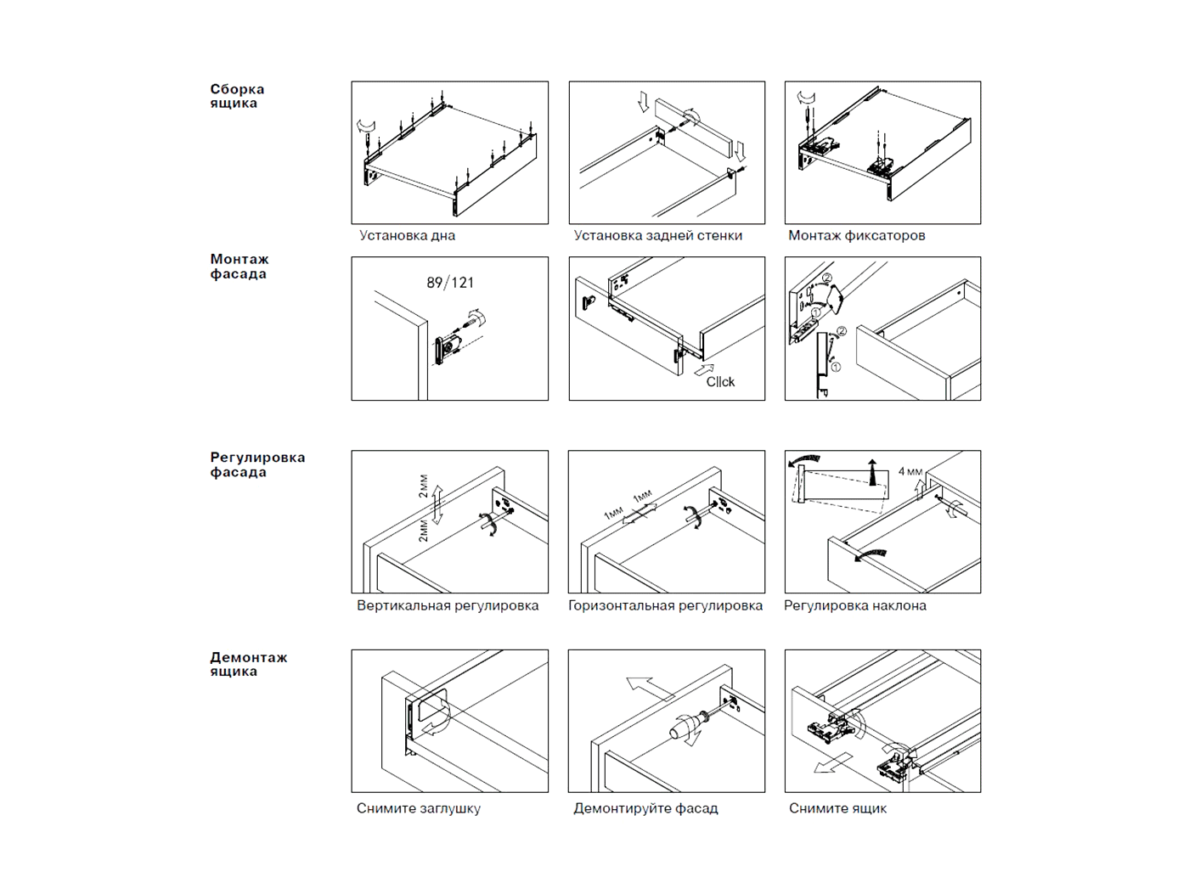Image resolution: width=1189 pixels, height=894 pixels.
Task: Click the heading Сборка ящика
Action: point(237,96)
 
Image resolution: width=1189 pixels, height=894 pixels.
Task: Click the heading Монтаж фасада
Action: point(239,267)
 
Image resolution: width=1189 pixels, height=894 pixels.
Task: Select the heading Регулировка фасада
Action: point(256,464)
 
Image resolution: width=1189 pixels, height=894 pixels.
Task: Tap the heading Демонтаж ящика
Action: point(248,664)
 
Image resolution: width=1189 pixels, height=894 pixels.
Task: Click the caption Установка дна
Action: point(407,236)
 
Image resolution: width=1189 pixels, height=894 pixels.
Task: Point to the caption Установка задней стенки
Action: point(657,236)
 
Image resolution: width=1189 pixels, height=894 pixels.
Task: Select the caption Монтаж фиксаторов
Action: point(856,236)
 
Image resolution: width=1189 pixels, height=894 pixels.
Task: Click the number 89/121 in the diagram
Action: point(450,283)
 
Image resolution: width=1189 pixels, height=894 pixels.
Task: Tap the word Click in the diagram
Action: point(720,382)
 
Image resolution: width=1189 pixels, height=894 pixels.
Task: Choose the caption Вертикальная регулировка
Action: point(448,606)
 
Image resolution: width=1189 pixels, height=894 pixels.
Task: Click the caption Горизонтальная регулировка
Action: point(665,606)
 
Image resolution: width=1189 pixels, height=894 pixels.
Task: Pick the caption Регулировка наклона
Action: point(854,606)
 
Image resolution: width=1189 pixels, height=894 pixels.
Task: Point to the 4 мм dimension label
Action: point(910,471)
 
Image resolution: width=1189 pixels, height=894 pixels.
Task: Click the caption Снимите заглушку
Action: point(418,808)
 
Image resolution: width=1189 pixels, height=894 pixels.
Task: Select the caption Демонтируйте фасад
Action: point(645,808)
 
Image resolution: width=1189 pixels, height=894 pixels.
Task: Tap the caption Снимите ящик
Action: point(837,808)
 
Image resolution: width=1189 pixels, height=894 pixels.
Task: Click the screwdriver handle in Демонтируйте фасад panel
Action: point(682,727)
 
